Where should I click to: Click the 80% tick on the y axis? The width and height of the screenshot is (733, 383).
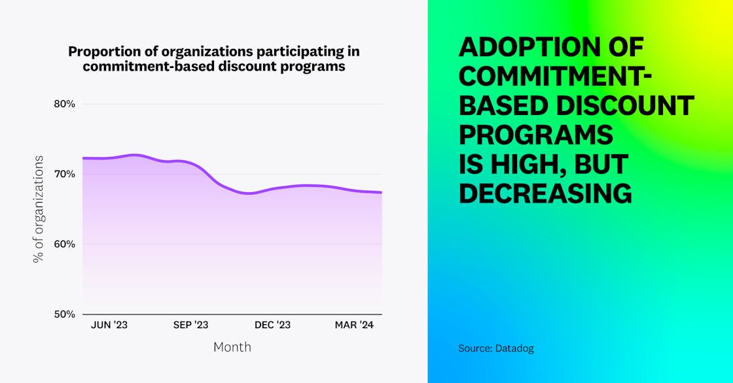tap(65, 104)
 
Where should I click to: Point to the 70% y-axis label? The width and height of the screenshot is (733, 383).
tap(65, 174)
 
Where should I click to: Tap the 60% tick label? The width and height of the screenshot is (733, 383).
tap(65, 244)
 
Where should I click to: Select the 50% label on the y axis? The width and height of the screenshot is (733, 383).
tap(65, 314)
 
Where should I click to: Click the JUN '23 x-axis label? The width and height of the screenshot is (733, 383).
tap(109, 325)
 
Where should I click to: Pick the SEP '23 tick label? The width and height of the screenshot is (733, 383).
tap(190, 325)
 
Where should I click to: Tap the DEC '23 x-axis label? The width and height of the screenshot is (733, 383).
tap(272, 325)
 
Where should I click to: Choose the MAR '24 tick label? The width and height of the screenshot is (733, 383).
tap(354, 325)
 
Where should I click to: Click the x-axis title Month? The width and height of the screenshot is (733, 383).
tap(232, 347)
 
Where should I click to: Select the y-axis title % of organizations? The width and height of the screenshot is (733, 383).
tap(39, 209)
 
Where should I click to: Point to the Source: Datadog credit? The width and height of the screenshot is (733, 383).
tap(496, 348)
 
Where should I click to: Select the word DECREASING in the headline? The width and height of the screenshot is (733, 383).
tap(545, 193)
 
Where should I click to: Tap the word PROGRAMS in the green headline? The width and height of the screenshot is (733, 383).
tap(536, 135)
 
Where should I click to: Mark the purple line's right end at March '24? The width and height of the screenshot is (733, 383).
tap(382, 192)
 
